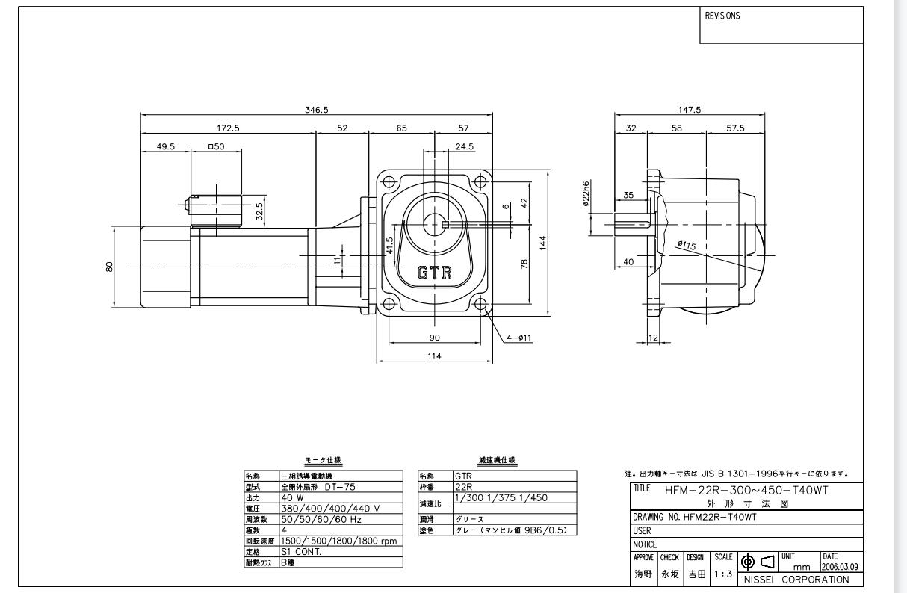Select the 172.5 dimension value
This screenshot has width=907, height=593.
pos(227,128)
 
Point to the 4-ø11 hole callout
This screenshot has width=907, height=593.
pos(518,338)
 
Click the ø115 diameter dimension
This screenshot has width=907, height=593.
pos(687,244)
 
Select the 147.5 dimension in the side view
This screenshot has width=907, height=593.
pos(689,110)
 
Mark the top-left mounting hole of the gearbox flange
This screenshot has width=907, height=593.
pos(388,181)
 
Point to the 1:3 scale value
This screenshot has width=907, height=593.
pos(722,572)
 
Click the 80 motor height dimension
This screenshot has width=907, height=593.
pos(110,267)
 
